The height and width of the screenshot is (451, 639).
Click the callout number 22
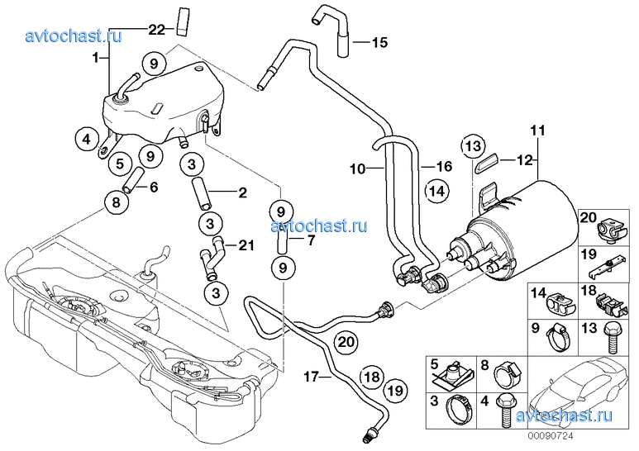point(157,30)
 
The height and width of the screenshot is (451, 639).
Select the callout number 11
point(537,131)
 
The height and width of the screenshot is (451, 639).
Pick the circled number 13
point(472,146)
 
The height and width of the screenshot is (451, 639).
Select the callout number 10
point(357,169)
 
